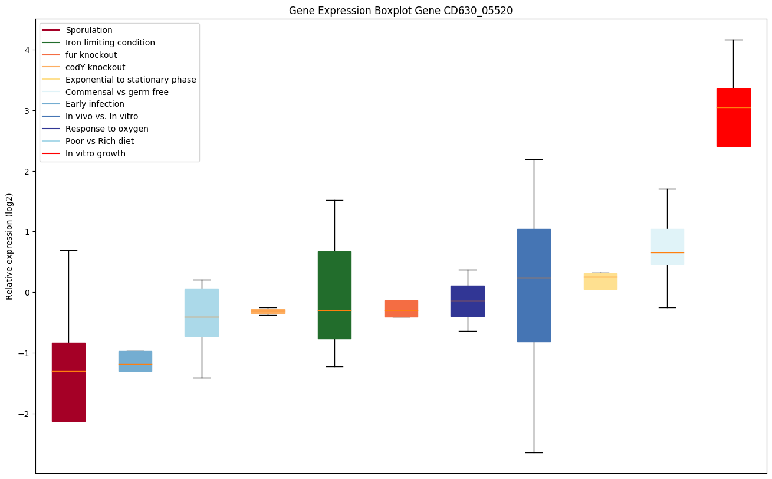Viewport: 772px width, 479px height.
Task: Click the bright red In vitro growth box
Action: [733, 117]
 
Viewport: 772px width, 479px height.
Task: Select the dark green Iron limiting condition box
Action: [334, 295]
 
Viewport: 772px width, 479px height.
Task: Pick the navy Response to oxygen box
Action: [467, 301]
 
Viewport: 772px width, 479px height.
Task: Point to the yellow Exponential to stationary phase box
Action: [600, 281]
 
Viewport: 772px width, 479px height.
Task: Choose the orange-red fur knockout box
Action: [401, 309]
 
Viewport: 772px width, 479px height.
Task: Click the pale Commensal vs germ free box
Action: [667, 247]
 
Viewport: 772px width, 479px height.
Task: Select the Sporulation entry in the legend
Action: [89, 30]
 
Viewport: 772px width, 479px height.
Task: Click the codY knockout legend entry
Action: [96, 67]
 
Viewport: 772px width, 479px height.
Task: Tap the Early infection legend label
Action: [95, 104]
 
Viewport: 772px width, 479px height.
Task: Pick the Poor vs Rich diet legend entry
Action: [100, 141]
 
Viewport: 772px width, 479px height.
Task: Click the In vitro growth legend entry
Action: [96, 153]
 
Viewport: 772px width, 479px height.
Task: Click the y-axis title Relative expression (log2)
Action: [9, 246]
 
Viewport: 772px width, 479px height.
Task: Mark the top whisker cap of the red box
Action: [733, 40]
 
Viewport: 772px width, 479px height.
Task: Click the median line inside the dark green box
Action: [334, 310]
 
